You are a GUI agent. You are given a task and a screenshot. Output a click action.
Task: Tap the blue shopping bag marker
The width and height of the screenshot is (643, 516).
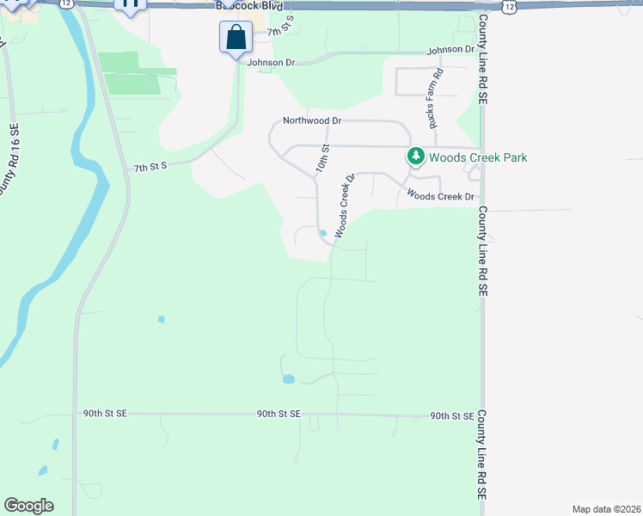coord(236,38)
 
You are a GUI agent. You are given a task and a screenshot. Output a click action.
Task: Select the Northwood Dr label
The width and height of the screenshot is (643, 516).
coord(312,122)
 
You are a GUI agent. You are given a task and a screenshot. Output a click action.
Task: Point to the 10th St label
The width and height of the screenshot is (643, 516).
coord(322,158)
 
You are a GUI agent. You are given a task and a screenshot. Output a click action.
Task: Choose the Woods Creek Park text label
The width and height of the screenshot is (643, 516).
coord(478,157)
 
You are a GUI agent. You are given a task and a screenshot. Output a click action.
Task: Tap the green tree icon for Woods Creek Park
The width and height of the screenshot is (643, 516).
coord(416,157)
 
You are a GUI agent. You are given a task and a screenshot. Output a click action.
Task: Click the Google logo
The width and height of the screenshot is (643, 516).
coord(28,506)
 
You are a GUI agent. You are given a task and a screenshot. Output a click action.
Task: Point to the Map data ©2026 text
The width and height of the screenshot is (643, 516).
coord(605,509)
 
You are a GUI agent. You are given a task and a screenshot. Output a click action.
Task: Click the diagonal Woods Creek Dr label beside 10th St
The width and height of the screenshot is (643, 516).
coord(345,206)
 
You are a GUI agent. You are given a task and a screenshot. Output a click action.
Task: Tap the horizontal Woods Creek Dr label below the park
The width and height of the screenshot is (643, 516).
coord(441,197)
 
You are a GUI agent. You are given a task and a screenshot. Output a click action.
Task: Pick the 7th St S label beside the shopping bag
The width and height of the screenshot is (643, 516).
coord(280,32)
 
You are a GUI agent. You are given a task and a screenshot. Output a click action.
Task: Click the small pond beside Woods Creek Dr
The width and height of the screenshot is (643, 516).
coord(322,233)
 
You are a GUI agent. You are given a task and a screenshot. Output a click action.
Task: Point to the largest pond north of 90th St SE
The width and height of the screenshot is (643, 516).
coord(288,378)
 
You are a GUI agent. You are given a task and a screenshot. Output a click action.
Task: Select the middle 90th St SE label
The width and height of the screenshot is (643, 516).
coord(279,414)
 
